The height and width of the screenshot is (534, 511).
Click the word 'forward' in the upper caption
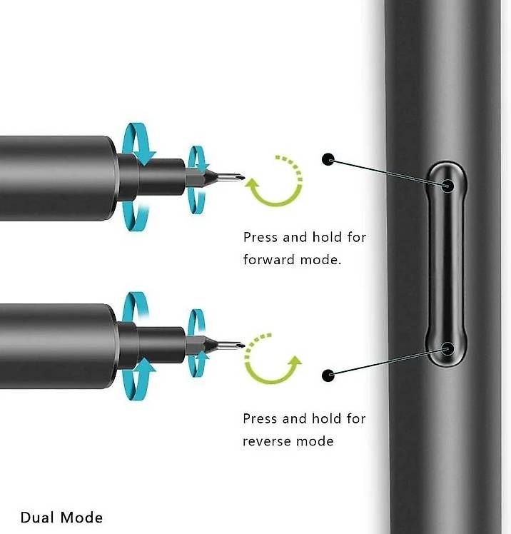coord(267,259)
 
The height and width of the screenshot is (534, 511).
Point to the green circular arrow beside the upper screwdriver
coord(273,181)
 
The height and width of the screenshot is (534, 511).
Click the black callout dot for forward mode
coord(328,159)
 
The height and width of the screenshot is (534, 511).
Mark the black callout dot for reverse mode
coord(328,375)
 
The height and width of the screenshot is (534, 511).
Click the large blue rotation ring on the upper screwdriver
coord(136,175)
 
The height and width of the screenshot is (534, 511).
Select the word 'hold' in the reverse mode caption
coord(327,418)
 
